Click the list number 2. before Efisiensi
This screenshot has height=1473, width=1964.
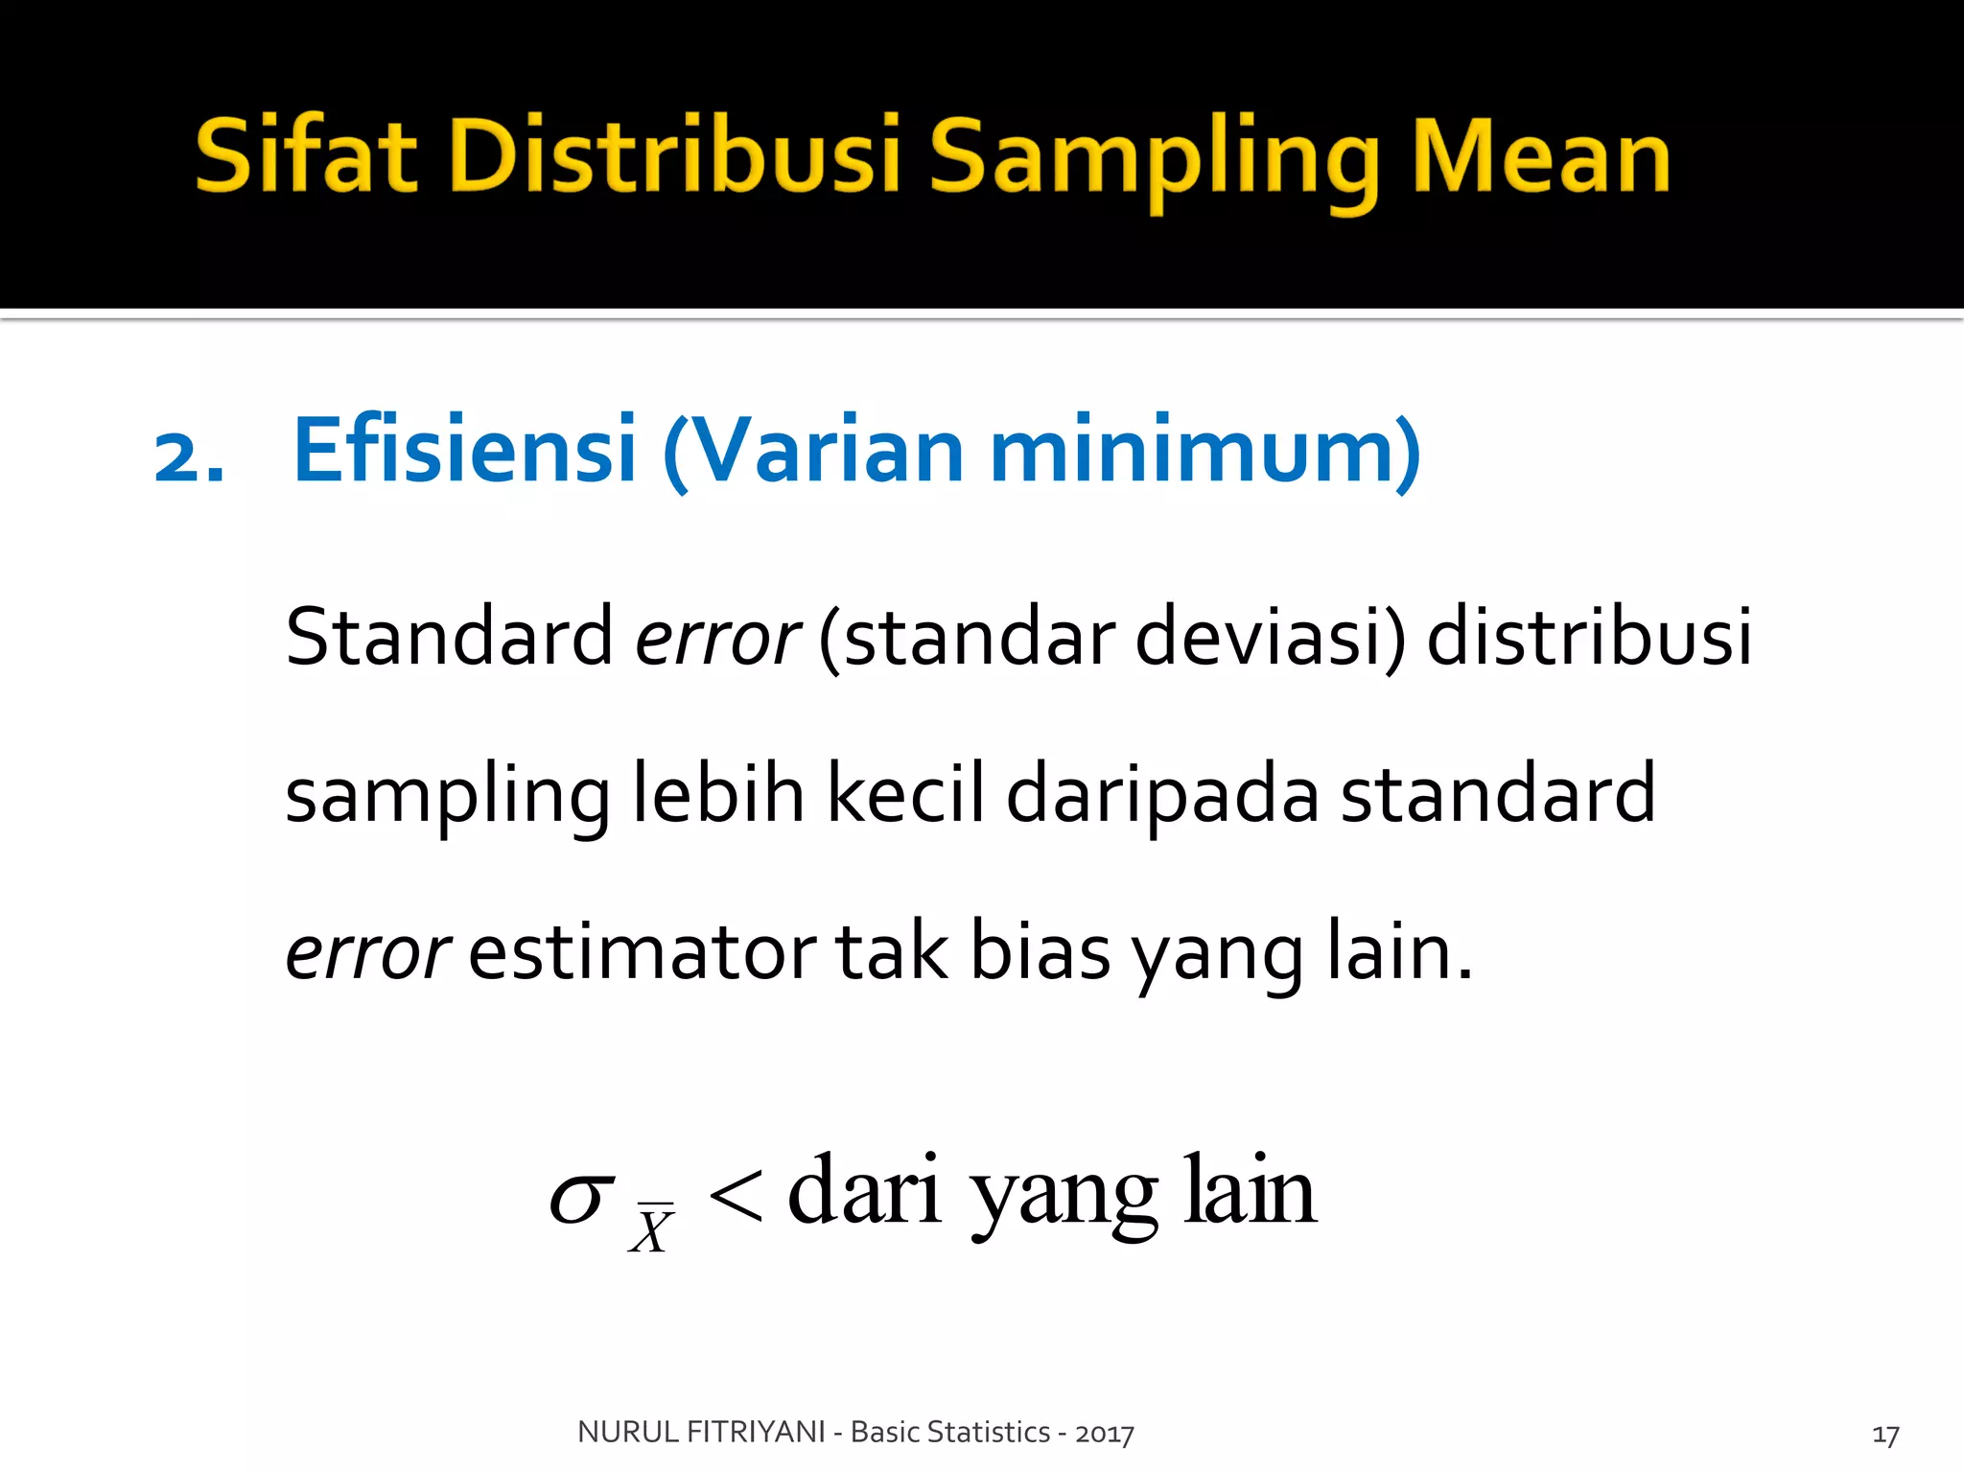pos(189,456)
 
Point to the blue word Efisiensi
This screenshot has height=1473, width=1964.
pos(464,451)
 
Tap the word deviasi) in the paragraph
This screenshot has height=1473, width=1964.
pos(1270,638)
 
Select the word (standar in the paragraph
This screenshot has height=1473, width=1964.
pos(967,638)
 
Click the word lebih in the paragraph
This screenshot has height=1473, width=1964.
pos(718,794)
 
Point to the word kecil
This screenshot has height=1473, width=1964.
pos(905,794)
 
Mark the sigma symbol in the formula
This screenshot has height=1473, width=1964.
pos(581,1199)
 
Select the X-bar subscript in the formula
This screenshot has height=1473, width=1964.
pos(652,1229)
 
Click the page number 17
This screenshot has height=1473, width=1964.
pos(1885,1436)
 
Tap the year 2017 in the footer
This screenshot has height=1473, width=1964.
pos(1105,1434)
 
